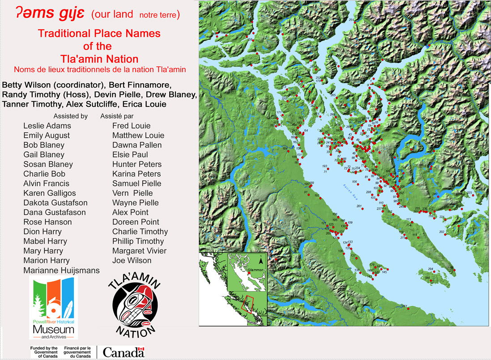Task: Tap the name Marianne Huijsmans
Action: (x=61, y=270)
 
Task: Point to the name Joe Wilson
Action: (x=132, y=260)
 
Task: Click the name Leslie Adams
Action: (x=47, y=126)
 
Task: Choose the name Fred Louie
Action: (x=131, y=126)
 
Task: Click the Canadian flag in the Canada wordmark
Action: (x=141, y=352)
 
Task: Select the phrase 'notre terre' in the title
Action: (x=159, y=15)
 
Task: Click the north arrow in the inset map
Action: (x=261, y=260)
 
